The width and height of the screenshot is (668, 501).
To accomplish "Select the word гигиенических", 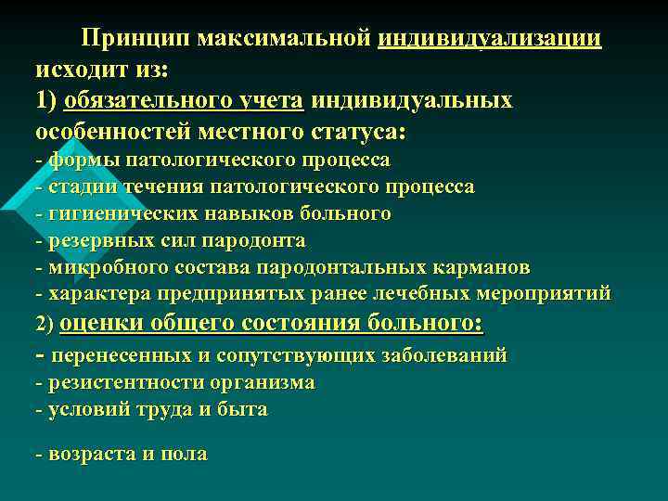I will click(117, 213).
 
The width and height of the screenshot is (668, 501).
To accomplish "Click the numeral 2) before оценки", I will click(46, 326).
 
